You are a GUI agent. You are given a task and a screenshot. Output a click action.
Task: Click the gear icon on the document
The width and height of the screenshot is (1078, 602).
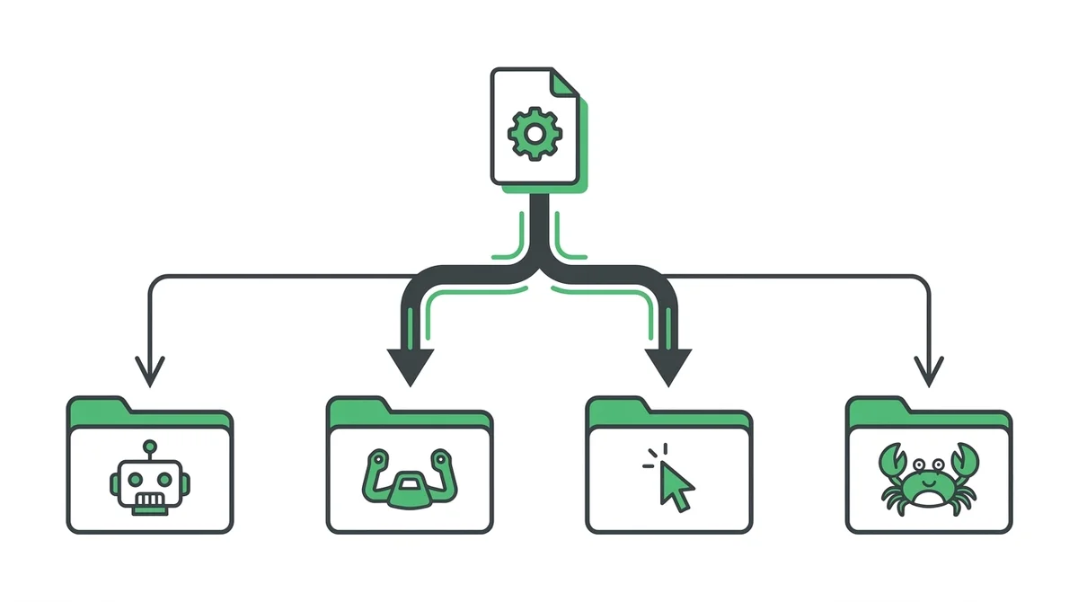tap(535, 134)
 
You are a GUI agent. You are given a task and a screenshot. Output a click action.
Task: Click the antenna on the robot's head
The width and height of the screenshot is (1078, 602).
tap(149, 447)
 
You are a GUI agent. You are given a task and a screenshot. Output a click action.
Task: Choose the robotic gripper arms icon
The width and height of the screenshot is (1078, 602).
tap(410, 479)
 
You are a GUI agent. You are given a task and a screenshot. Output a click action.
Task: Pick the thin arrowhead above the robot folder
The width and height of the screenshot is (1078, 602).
tap(150, 370)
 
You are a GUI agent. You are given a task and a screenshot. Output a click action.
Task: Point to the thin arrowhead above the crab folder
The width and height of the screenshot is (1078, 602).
tap(929, 370)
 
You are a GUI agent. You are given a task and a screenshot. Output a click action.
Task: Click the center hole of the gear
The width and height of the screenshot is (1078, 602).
tap(535, 134)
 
